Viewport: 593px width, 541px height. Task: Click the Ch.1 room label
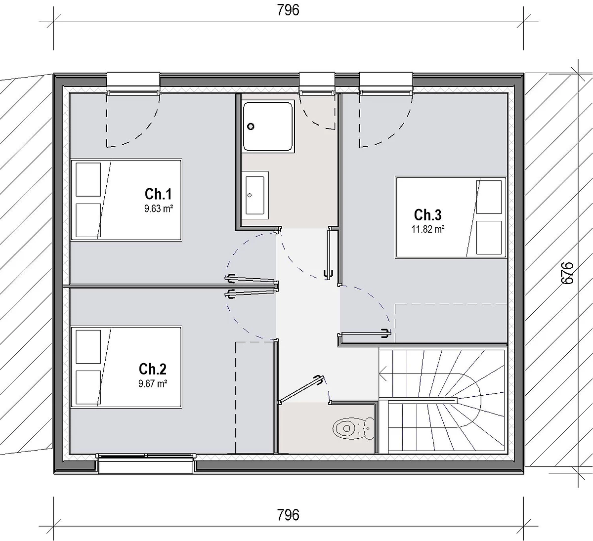click(x=158, y=194)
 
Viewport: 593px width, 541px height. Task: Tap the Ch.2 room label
click(x=153, y=369)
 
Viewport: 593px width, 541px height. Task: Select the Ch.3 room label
click(x=428, y=215)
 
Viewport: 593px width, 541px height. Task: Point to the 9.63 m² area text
click(x=159, y=208)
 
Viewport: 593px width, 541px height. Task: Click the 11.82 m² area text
click(x=428, y=229)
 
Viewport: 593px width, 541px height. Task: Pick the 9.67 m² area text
click(x=153, y=384)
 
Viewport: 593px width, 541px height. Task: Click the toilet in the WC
click(x=353, y=428)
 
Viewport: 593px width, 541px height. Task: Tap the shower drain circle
click(x=251, y=126)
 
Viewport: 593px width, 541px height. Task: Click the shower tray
click(x=268, y=126)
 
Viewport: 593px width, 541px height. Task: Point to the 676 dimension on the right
click(x=567, y=273)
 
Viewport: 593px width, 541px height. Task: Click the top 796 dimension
click(x=288, y=10)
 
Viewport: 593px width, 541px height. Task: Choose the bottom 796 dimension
click(x=288, y=515)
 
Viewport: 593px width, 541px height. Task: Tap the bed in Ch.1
click(x=126, y=200)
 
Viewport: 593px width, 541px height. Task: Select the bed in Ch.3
click(x=451, y=217)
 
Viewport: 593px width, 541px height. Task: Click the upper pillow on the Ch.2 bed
click(x=88, y=347)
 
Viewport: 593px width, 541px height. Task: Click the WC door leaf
click(x=300, y=389)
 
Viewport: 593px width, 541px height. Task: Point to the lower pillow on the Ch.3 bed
click(x=489, y=237)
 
